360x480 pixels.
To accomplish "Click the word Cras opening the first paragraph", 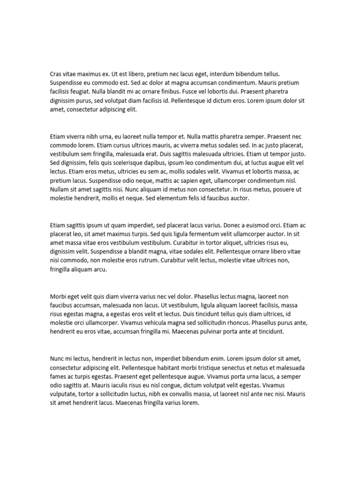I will tap(56, 74).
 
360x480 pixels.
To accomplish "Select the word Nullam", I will tap(60, 189).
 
